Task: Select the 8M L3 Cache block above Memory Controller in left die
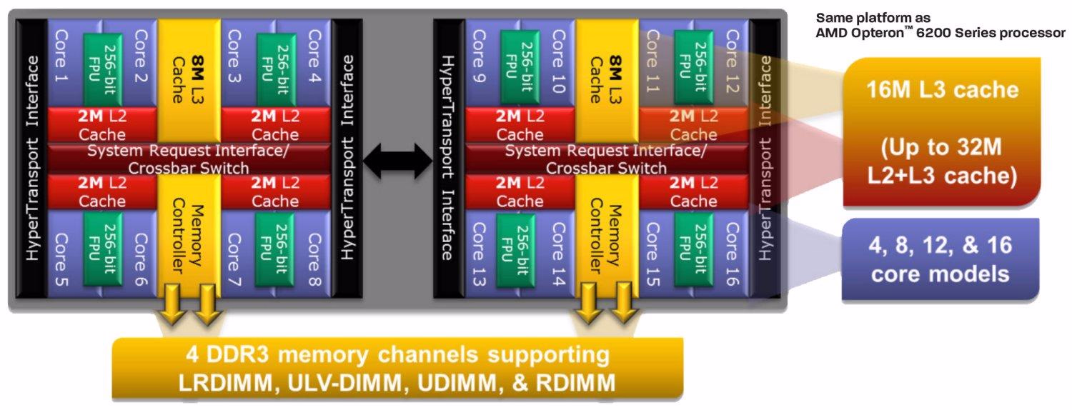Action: click(x=189, y=71)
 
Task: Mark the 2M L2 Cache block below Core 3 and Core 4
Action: click(x=275, y=125)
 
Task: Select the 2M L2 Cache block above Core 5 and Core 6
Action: click(x=102, y=191)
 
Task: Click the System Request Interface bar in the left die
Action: click(x=189, y=159)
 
